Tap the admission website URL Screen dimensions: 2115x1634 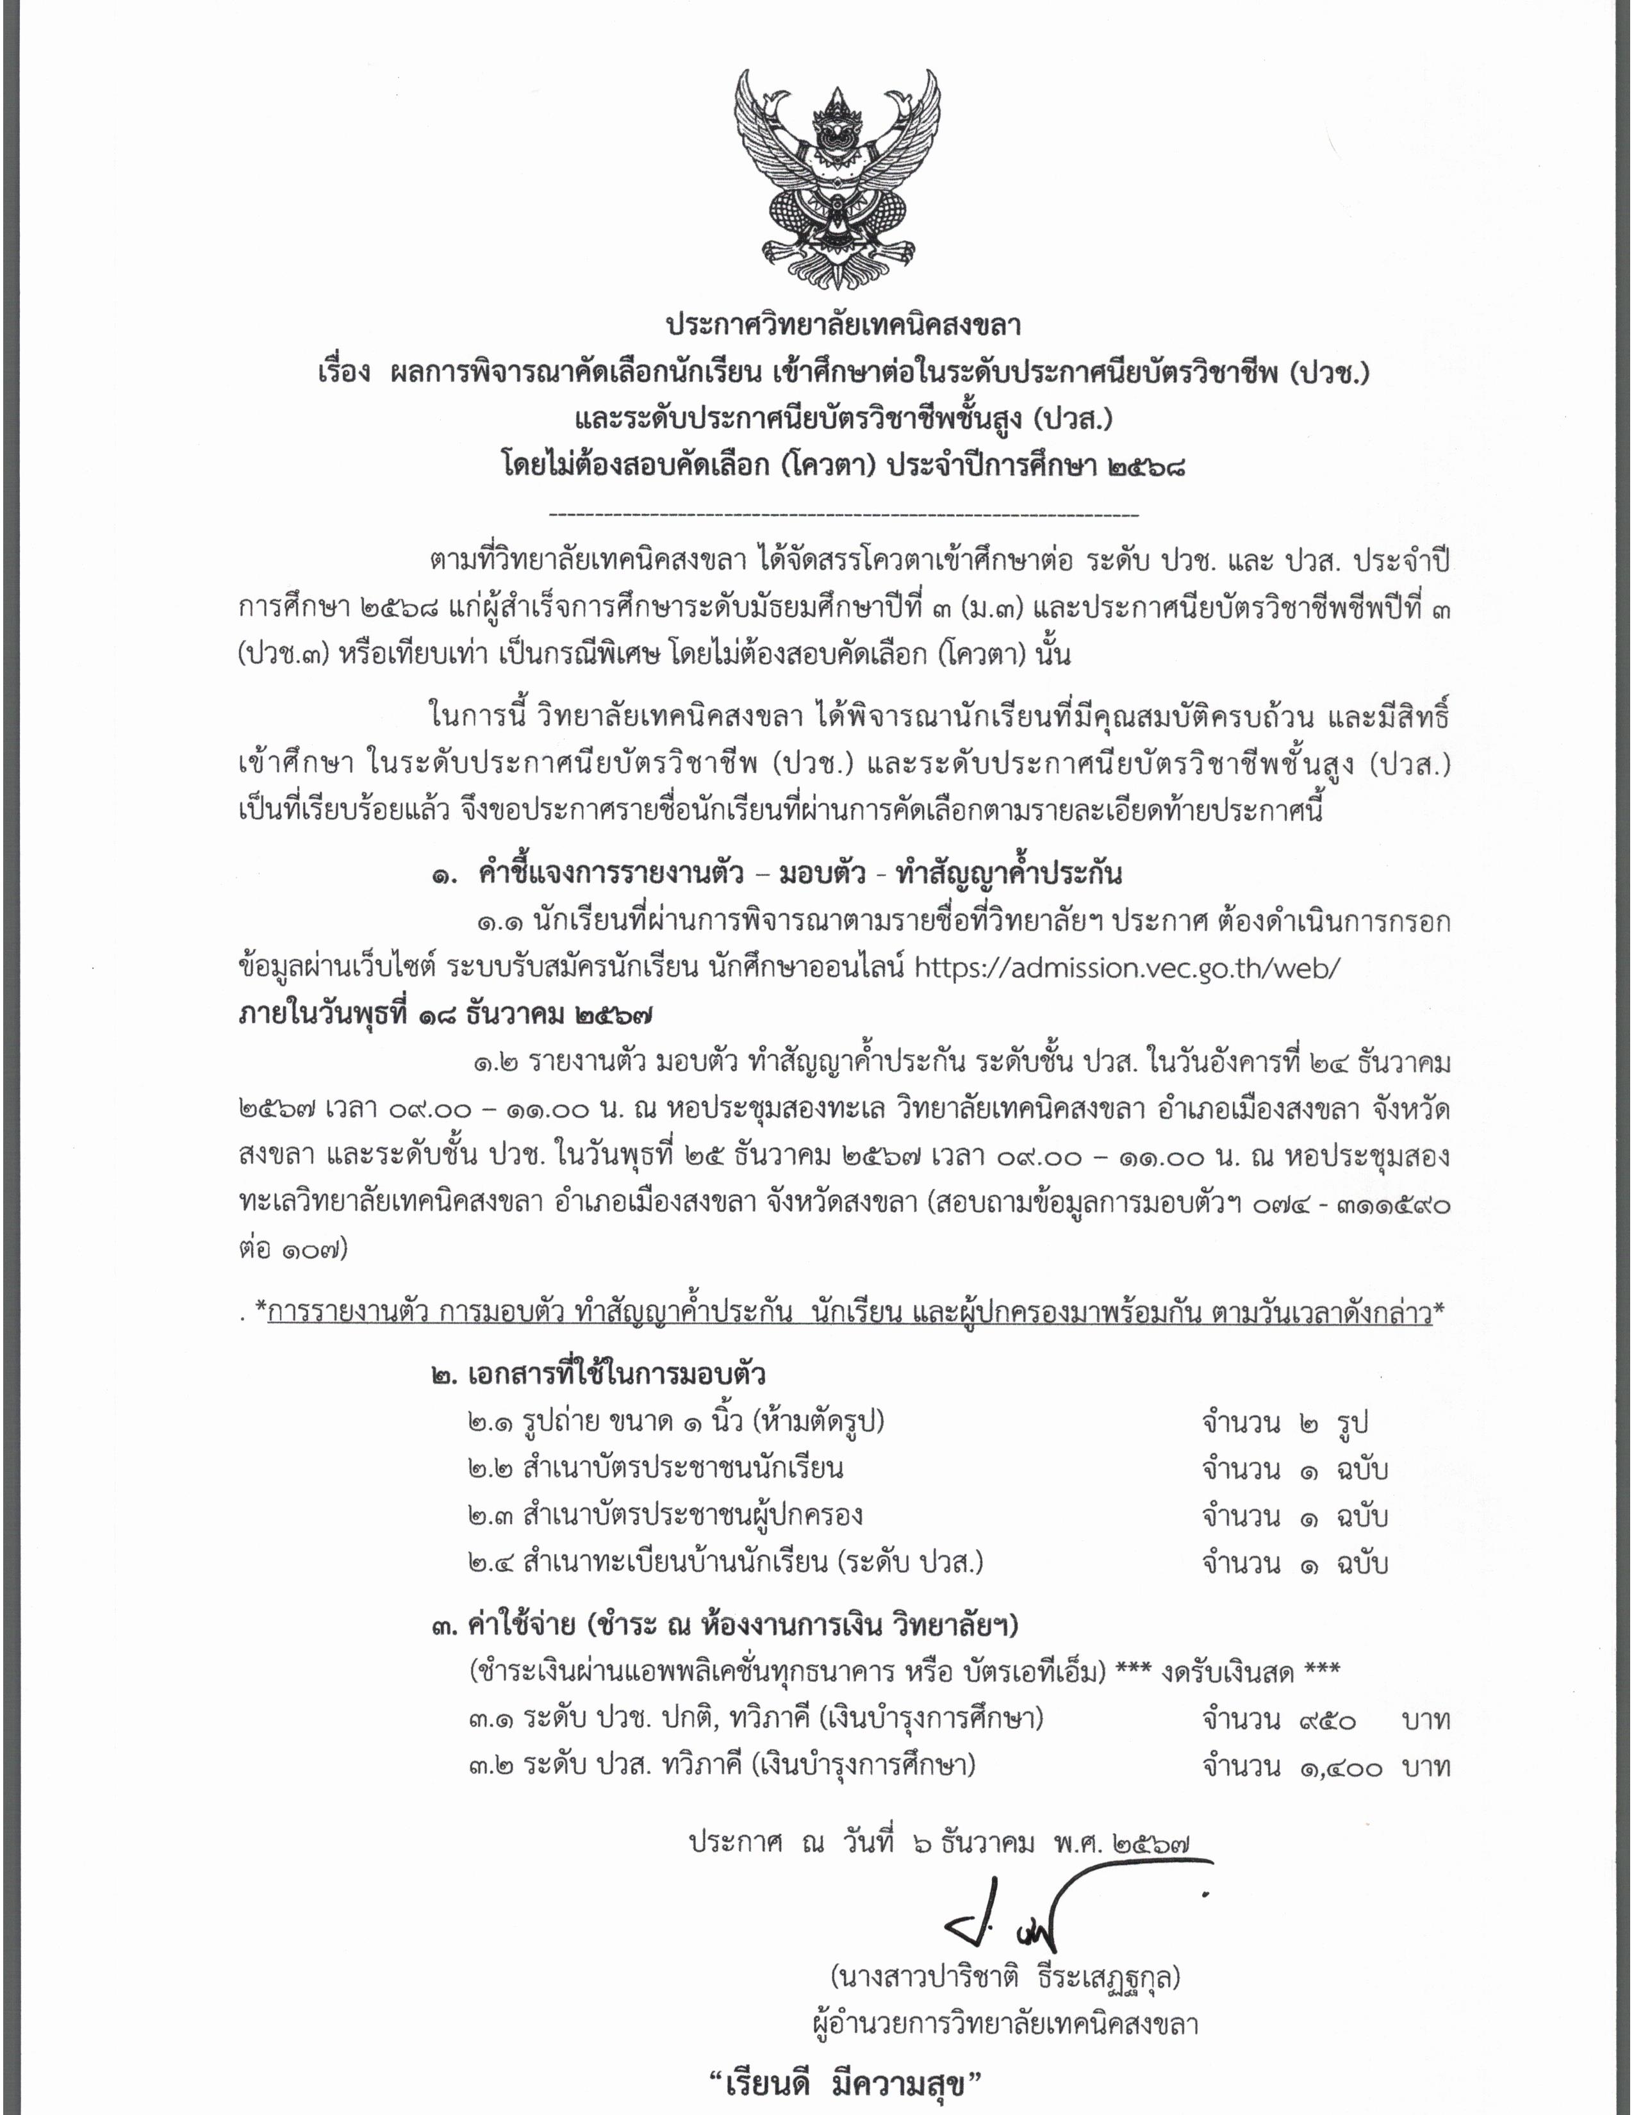click(1126, 967)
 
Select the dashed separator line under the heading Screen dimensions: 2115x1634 click(843, 514)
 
